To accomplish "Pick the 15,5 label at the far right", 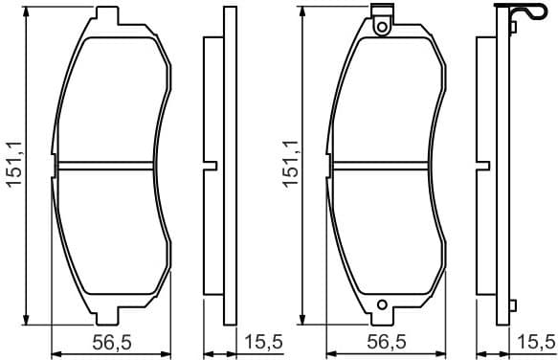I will pos(536,342).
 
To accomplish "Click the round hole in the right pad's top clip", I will pos(384,27).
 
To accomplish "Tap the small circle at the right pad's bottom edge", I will pos(384,307).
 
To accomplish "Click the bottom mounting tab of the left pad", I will pos(107,317).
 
